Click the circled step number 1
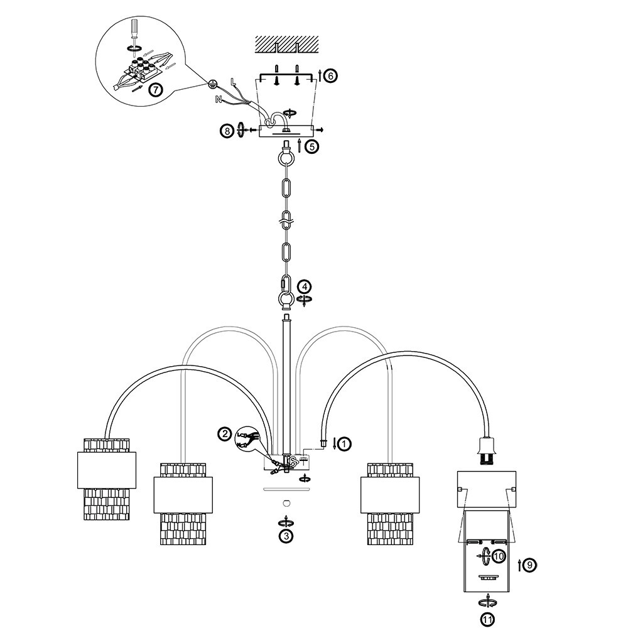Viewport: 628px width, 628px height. pyautogui.click(x=344, y=444)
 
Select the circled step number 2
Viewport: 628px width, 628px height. pyautogui.click(x=224, y=433)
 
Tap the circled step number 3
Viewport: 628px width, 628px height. pyautogui.click(x=286, y=536)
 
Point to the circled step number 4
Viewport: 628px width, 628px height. pyautogui.click(x=304, y=286)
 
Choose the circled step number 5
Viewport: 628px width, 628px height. pyautogui.click(x=312, y=146)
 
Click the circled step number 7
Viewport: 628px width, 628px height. pyautogui.click(x=156, y=89)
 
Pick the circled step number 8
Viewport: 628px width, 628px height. pyautogui.click(x=226, y=131)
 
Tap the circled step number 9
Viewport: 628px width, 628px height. pyautogui.click(x=531, y=565)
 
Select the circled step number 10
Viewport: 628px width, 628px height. pyautogui.click(x=499, y=556)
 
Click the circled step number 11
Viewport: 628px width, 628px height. pyautogui.click(x=488, y=619)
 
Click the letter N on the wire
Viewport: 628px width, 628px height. pyautogui.click(x=219, y=99)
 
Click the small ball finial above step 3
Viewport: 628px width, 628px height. pyautogui.click(x=286, y=502)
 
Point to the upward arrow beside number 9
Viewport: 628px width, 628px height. pyautogui.click(x=520, y=565)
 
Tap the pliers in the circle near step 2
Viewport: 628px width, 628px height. pyautogui.click(x=247, y=437)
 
